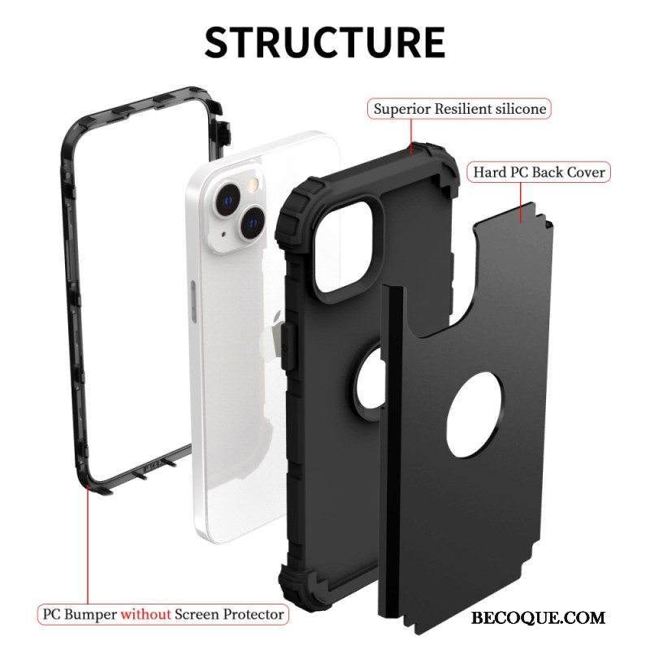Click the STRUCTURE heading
point(324,41)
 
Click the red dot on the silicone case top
point(416,146)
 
